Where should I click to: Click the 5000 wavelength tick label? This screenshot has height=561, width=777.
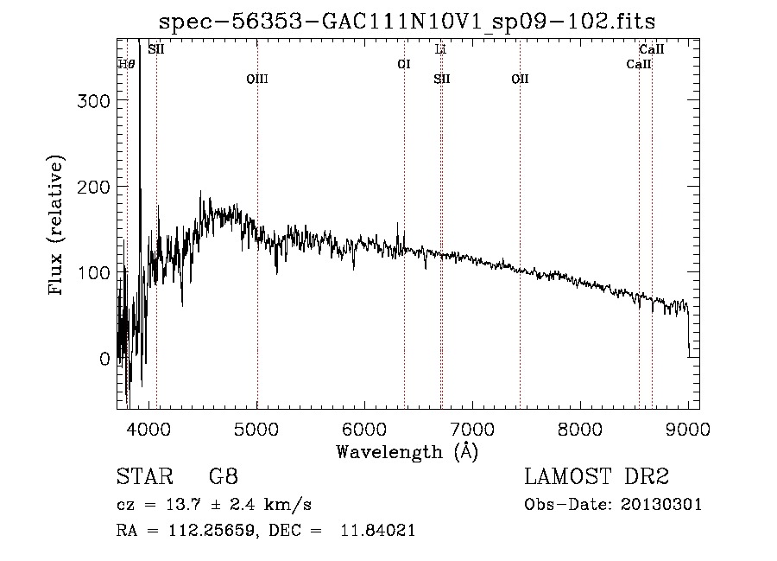click(256, 428)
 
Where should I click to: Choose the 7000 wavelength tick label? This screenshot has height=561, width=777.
click(472, 428)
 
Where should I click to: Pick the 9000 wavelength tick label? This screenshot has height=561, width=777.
click(688, 428)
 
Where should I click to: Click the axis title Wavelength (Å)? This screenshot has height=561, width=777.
click(407, 451)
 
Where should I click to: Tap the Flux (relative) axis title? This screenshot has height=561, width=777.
click(57, 226)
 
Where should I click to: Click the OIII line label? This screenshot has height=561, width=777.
click(257, 79)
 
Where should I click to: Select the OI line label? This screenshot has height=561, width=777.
click(403, 64)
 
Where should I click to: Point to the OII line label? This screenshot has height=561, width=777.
click(520, 79)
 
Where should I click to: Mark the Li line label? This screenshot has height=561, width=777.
click(440, 50)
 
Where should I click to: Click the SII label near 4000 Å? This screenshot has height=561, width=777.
click(156, 50)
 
